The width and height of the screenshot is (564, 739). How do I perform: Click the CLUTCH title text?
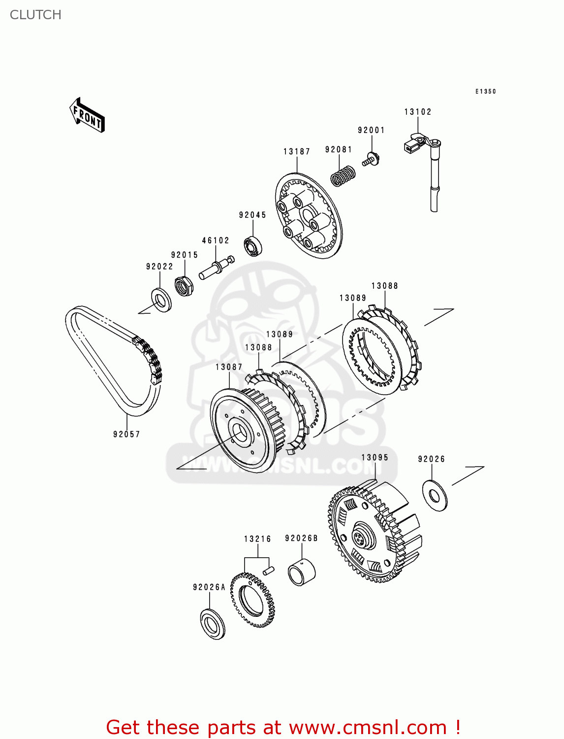click(x=35, y=15)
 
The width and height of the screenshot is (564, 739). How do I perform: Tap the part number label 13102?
click(x=417, y=112)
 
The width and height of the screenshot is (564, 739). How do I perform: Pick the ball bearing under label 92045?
click(x=253, y=246)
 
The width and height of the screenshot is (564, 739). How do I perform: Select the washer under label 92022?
click(x=160, y=300)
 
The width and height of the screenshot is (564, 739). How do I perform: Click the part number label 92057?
click(x=126, y=434)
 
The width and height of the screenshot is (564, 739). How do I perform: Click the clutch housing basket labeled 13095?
click(x=374, y=532)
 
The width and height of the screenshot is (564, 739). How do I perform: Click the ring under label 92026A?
click(x=213, y=624)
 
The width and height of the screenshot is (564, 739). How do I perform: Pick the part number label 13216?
click(x=257, y=539)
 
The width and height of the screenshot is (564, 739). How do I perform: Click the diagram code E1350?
click(x=485, y=91)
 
